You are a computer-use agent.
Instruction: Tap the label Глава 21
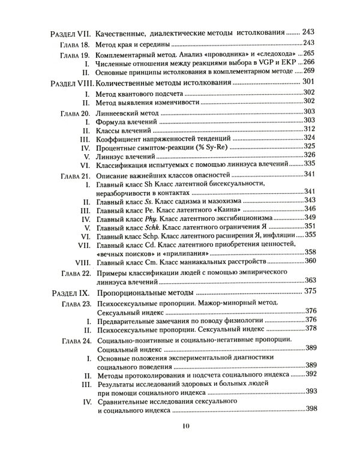pyautogui.click(x=75, y=175)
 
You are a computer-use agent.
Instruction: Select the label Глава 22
pyautogui.click(x=75, y=273)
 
